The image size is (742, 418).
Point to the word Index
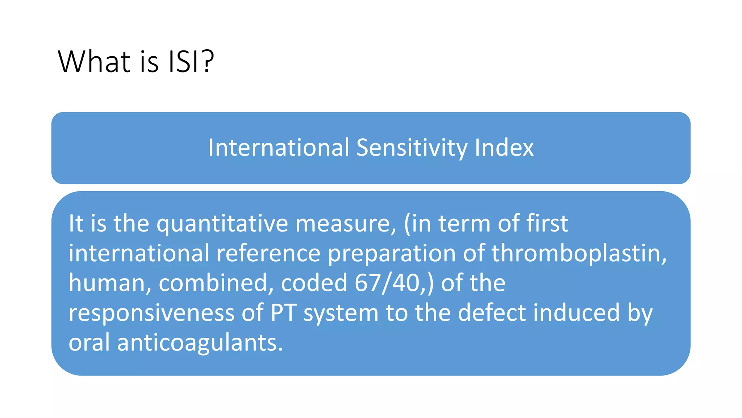tap(504, 148)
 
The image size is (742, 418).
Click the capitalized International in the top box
tap(279, 148)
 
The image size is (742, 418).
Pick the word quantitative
tap(222, 224)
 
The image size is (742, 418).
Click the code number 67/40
tap(387, 283)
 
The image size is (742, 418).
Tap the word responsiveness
tap(151, 313)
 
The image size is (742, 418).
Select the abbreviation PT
tap(283, 313)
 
